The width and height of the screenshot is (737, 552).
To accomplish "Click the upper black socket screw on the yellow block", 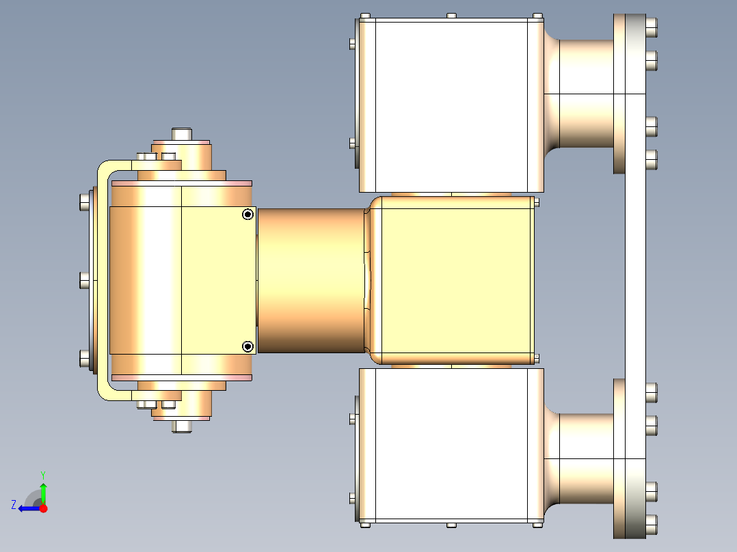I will pos(247,215).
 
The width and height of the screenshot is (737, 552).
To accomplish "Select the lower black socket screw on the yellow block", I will pos(247,347).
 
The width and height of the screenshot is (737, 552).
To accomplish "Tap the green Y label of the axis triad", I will pos(43,474).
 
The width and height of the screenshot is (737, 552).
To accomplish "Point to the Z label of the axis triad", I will pos(14,505).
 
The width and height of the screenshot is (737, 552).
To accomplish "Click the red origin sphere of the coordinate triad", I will pos(44,508).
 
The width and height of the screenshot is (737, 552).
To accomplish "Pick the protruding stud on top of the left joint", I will pos(182,133).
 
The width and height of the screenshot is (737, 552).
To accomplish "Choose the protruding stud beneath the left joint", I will pos(182,426).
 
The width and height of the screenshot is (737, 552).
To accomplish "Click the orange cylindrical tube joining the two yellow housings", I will pos(311,280).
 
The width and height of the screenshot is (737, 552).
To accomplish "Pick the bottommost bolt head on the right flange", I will pos(651,524).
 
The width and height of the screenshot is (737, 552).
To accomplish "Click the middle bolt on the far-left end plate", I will pos(85,280).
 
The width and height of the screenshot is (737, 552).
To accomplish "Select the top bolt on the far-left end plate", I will pos(85,202).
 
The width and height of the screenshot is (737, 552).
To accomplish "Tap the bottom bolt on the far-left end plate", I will pos(85,359).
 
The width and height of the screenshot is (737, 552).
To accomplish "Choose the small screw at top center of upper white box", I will pos(451,16).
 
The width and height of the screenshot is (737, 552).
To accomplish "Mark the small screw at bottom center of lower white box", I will pos(451,525).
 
